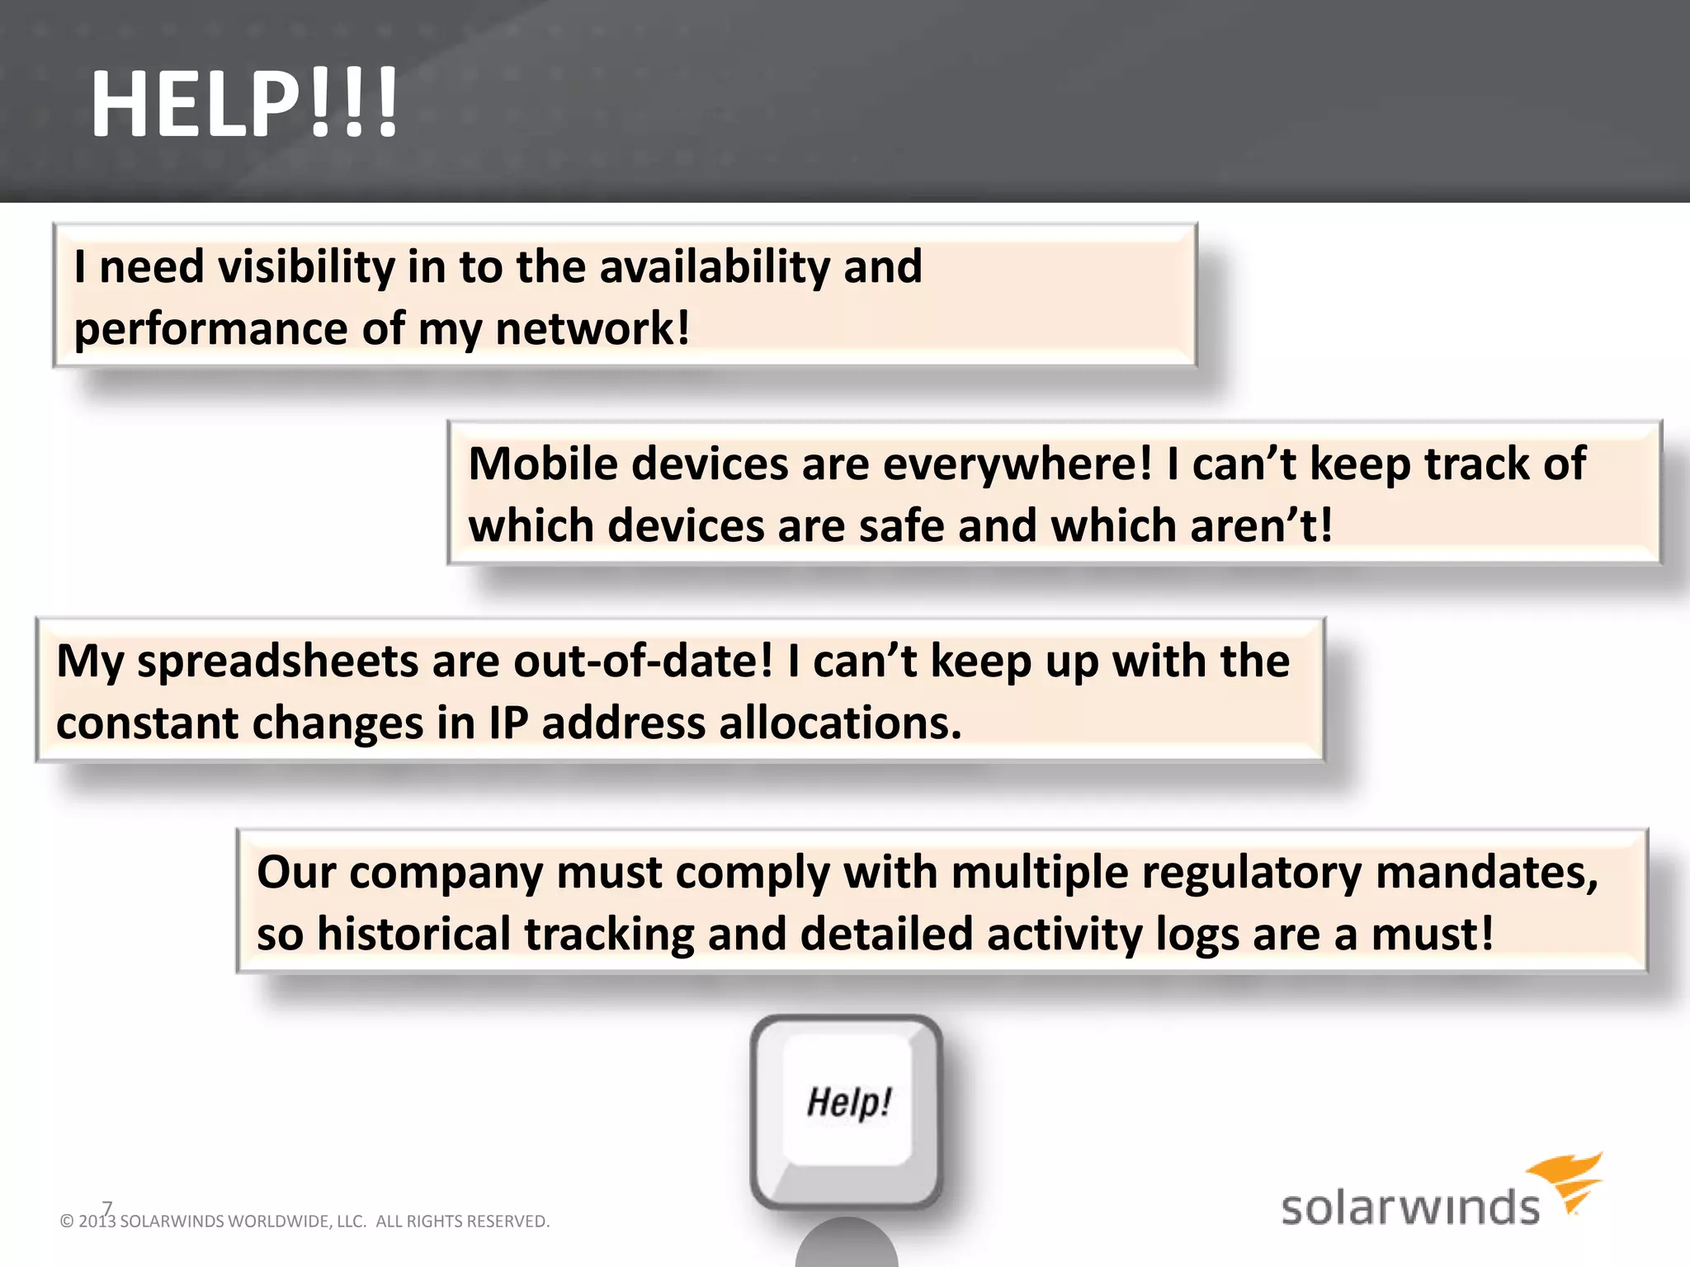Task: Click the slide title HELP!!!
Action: (244, 105)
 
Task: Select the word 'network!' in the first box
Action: (592, 329)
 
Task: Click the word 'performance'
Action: (211, 329)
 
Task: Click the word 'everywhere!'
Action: (1017, 464)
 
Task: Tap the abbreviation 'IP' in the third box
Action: (508, 724)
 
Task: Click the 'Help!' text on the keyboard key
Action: (848, 1102)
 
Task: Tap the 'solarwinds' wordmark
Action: (1409, 1208)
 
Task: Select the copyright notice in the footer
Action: (304, 1221)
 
